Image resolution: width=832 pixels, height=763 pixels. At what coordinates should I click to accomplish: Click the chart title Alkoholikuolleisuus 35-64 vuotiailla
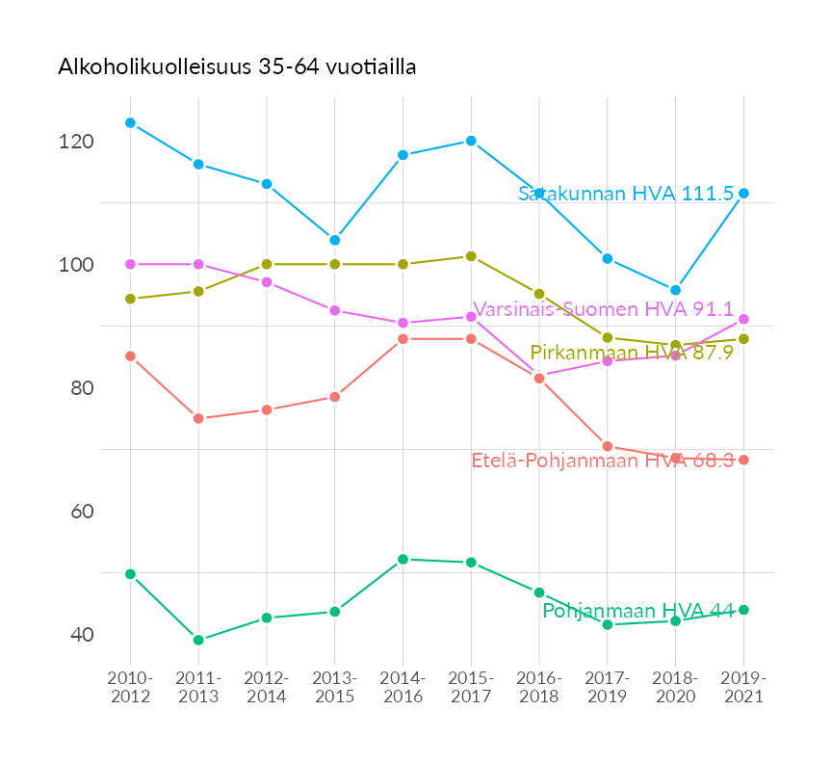coord(237,66)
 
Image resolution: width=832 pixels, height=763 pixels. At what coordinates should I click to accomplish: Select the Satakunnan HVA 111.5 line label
coord(626,194)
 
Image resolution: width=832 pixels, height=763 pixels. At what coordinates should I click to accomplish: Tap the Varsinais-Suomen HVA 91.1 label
coord(603,309)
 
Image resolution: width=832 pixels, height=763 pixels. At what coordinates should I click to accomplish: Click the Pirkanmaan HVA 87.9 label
coord(632,353)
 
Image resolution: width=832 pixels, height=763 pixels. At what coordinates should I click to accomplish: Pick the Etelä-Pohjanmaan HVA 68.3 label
coord(603,460)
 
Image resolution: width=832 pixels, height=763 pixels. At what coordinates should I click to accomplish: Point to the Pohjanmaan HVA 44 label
coord(637,611)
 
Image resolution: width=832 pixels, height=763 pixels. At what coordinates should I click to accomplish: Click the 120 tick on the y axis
coord(76,142)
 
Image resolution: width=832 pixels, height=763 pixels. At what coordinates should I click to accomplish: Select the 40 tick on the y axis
coord(81,635)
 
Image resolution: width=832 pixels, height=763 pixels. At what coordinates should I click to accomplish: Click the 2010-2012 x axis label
coord(130,688)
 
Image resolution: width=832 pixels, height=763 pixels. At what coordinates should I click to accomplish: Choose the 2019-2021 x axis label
coord(743,688)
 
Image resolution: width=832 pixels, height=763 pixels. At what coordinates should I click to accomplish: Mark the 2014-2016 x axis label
coord(403,688)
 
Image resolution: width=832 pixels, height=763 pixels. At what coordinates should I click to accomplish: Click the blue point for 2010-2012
coord(130,123)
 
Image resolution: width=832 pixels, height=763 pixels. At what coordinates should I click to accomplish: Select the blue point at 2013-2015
coord(334,240)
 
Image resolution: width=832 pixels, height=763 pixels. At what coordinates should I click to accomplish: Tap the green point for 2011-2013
coord(198,640)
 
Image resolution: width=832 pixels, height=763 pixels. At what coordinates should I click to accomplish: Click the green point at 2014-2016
coord(403,559)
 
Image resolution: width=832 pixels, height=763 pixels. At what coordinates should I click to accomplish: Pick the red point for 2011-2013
coord(198,418)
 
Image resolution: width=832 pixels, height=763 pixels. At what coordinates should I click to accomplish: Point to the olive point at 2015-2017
coord(471,256)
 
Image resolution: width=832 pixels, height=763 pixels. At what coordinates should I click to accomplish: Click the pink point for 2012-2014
coord(267,282)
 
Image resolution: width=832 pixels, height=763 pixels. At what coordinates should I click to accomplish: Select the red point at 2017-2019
coord(608,446)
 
